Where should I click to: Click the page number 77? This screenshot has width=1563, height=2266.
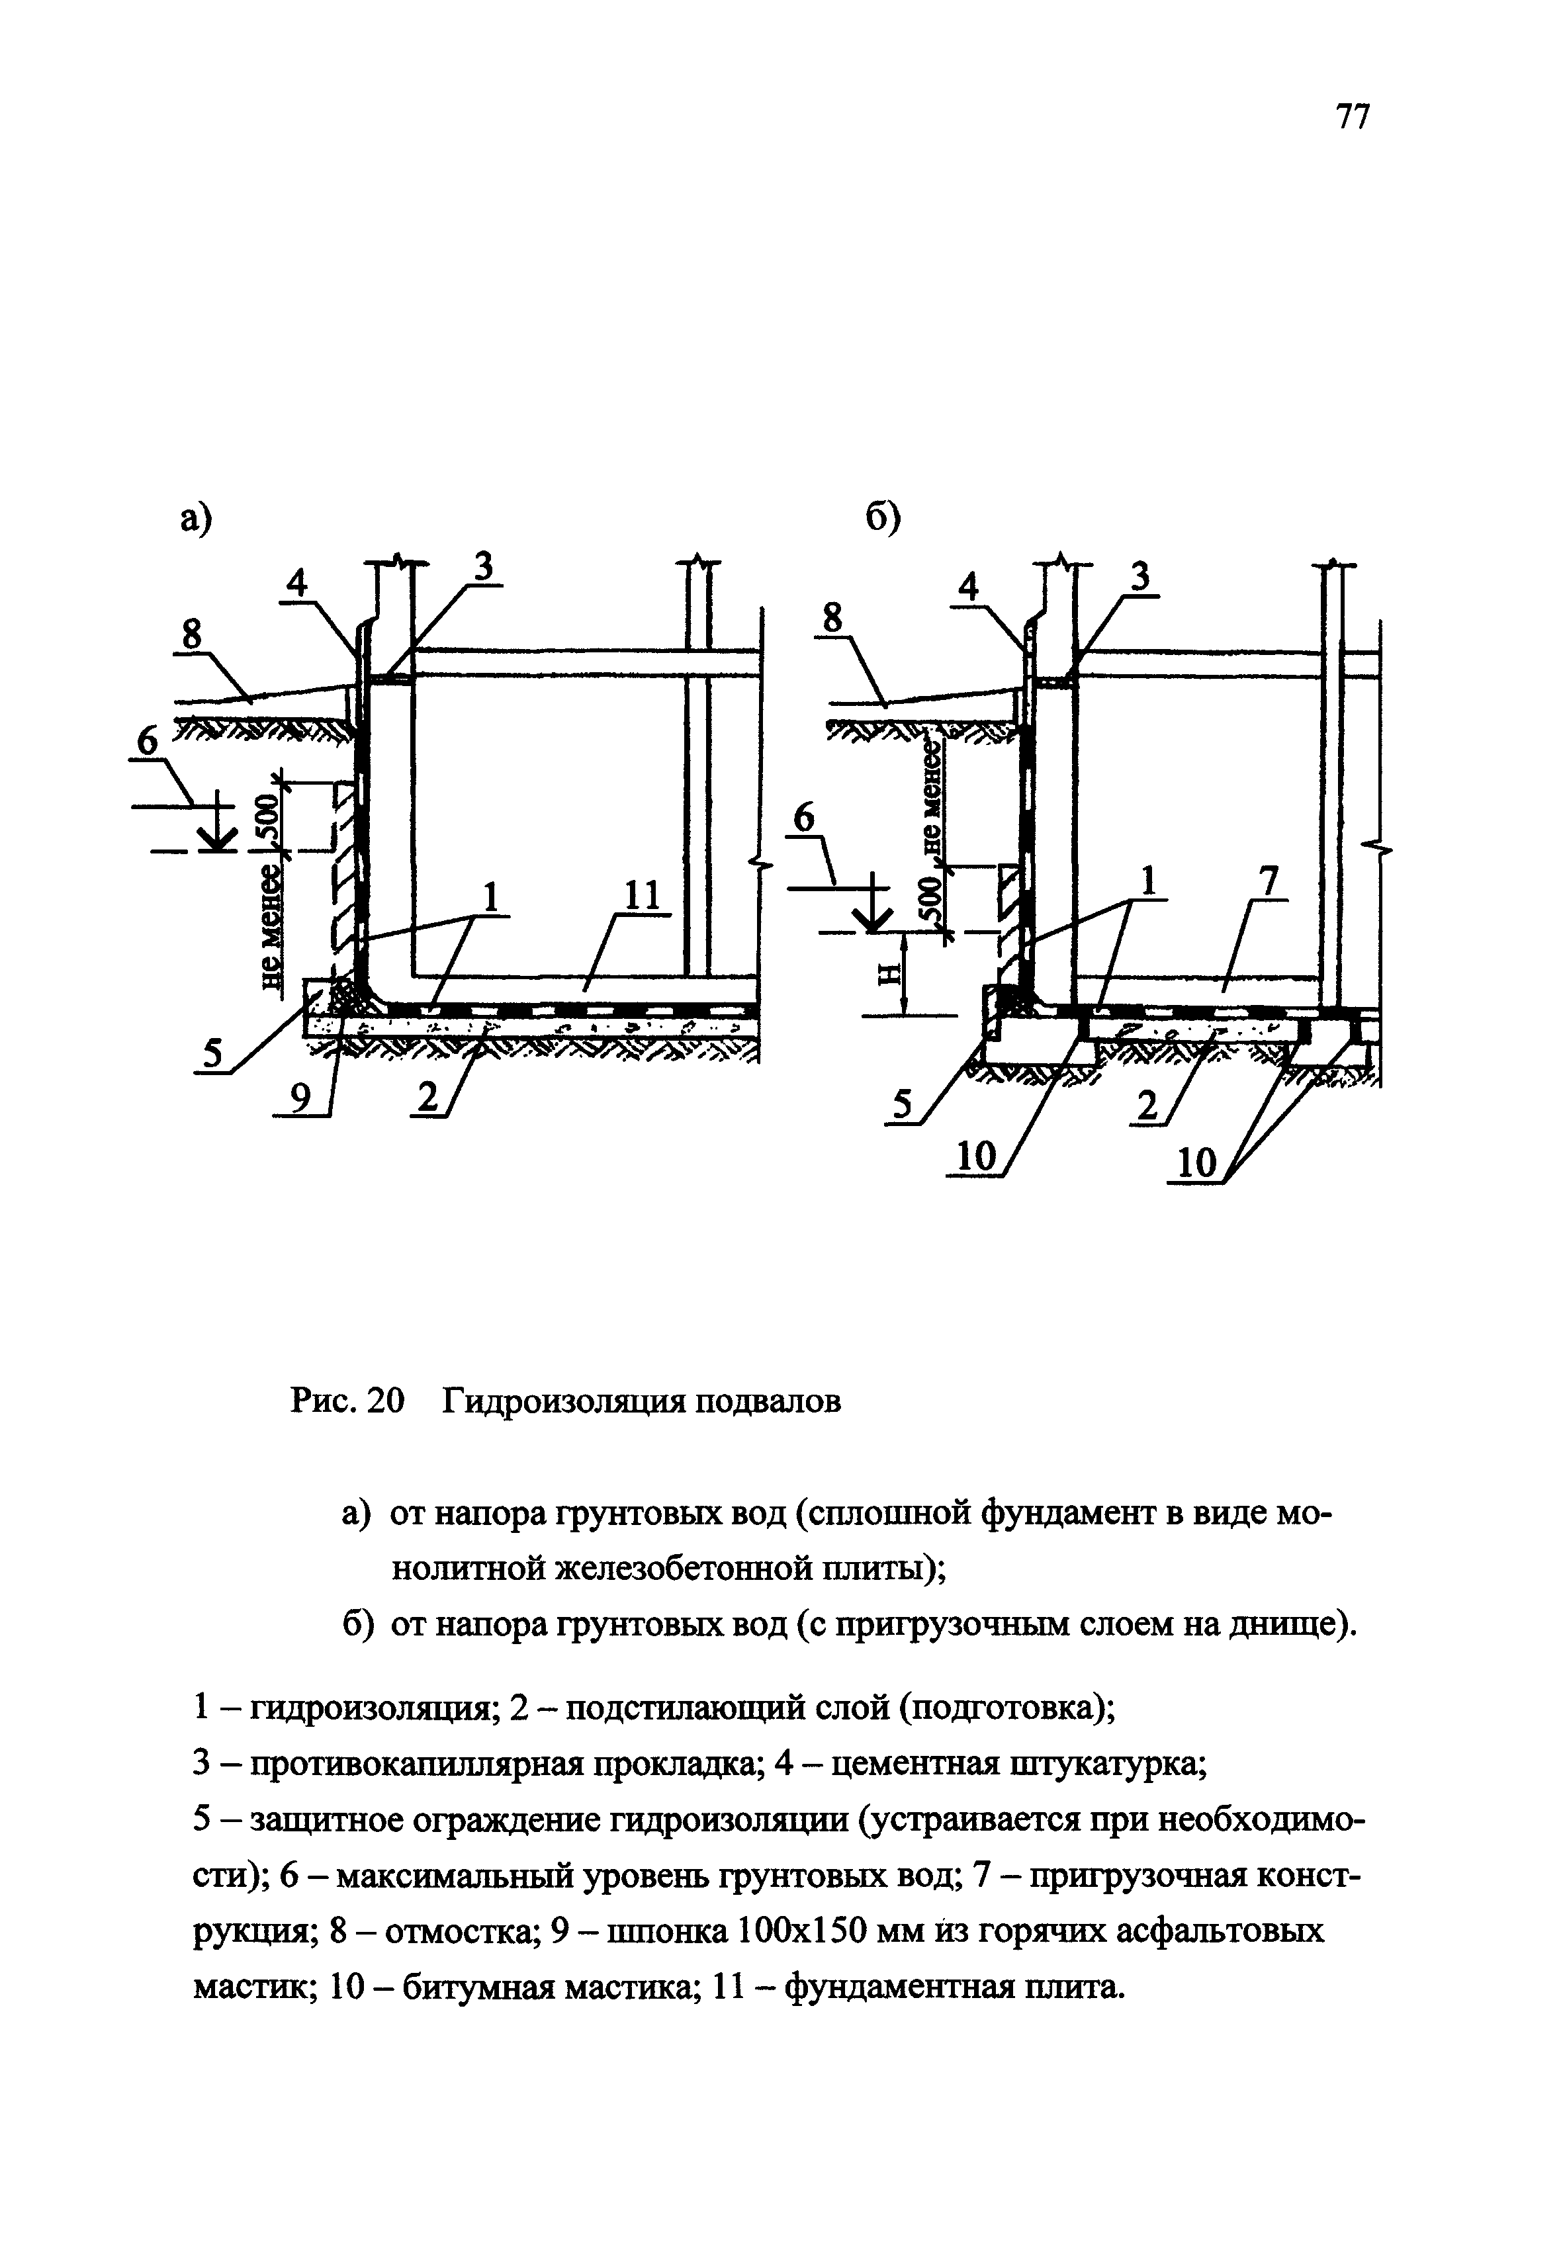[1353, 118]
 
